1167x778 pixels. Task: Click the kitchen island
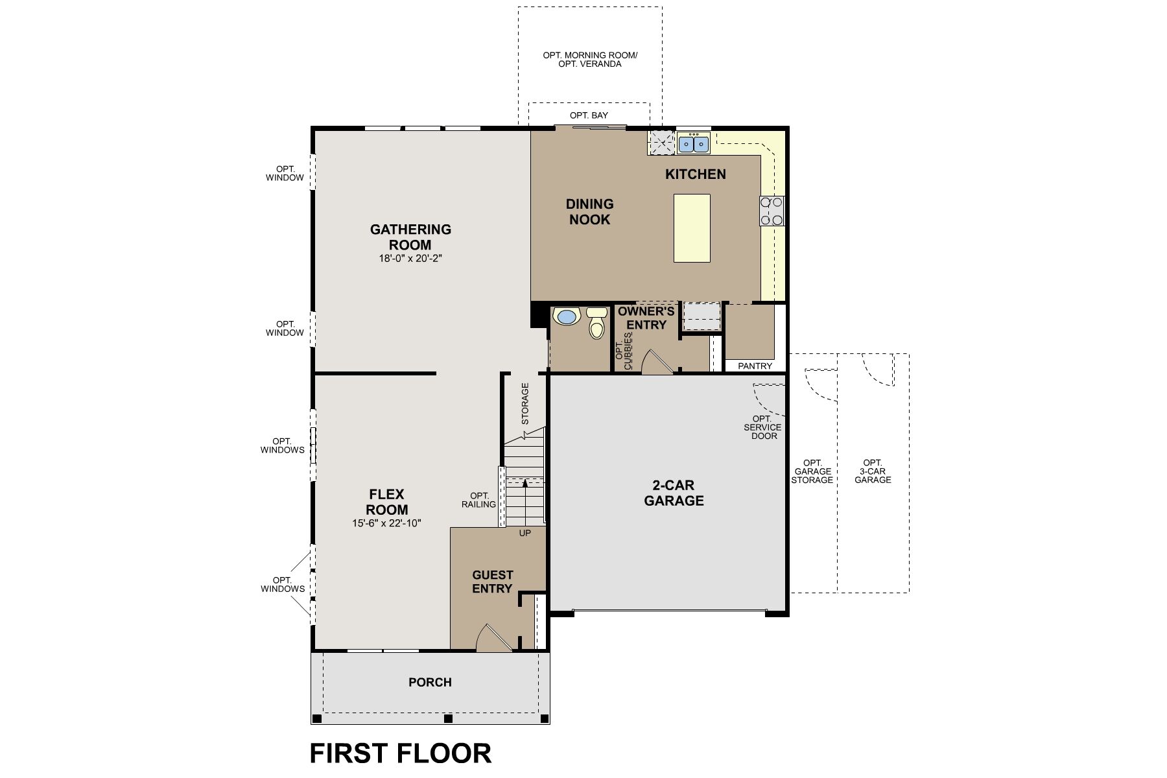692,228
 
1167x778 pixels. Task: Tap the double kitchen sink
693,143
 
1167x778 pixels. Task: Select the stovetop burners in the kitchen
772,211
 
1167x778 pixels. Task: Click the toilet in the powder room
596,323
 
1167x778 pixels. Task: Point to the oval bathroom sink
567,317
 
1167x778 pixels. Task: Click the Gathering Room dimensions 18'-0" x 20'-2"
410,258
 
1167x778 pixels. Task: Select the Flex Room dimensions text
387,523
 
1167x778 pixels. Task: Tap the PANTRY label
755,366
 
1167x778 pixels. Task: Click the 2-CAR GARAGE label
674,493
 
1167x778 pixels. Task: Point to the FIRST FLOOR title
401,753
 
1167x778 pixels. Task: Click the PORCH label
430,682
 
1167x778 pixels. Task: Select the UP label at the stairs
525,533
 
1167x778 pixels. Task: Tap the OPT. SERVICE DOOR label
764,427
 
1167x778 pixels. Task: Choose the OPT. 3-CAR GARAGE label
873,471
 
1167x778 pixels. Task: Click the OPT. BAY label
589,115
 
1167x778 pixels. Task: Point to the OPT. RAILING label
478,500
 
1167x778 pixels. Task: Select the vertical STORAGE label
525,403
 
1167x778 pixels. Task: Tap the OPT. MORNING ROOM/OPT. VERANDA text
590,60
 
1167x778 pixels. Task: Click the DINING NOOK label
589,211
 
